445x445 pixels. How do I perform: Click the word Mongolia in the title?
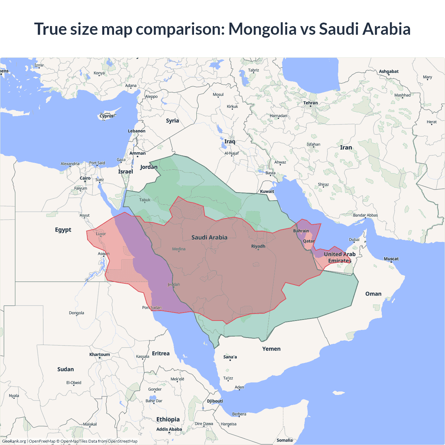click(262, 29)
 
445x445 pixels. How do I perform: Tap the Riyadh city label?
click(258, 246)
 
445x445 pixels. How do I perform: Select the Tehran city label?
click(310, 103)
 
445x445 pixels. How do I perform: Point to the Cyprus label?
click(107, 116)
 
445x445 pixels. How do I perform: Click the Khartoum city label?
click(99, 355)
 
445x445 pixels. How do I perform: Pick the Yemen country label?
click(271, 349)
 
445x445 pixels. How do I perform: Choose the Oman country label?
click(373, 294)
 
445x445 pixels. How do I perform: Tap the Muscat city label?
click(391, 259)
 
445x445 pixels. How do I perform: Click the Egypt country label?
click(63, 230)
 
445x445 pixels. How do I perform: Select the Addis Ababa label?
click(169, 429)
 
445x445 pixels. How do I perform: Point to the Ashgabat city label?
click(389, 72)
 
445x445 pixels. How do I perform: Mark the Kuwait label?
click(267, 192)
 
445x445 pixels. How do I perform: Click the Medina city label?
click(179, 249)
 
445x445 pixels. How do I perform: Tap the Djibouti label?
click(215, 401)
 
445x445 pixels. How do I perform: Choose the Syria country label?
click(172, 121)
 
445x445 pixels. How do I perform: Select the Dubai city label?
click(354, 240)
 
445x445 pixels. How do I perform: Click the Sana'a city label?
click(230, 357)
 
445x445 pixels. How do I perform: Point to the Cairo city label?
click(85, 178)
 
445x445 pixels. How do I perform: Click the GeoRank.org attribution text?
click(14, 441)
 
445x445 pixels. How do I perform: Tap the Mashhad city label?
click(402, 95)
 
